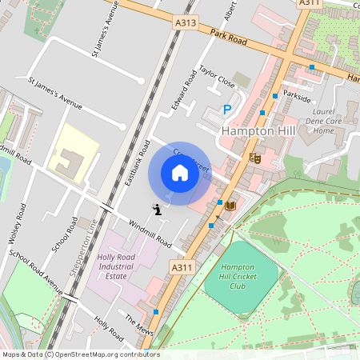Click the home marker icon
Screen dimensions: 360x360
click(x=180, y=173)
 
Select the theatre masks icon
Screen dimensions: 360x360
click(x=255, y=158)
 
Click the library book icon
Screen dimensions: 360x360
click(x=231, y=206)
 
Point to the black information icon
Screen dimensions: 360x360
click(x=157, y=210)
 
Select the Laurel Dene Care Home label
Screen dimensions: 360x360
click(x=323, y=122)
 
